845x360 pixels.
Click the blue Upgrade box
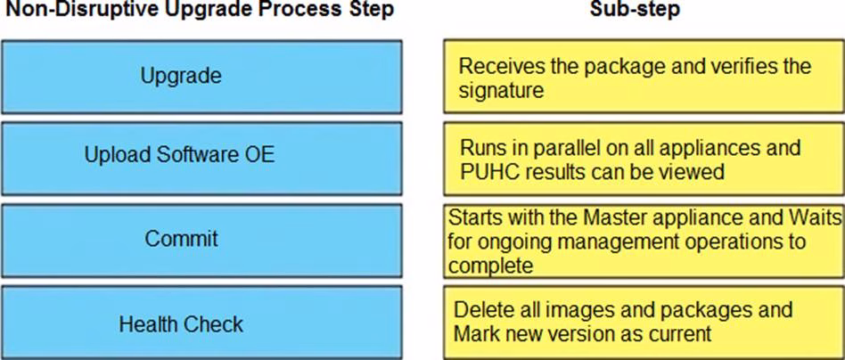[x=201, y=76]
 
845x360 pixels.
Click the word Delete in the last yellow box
[x=480, y=310]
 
